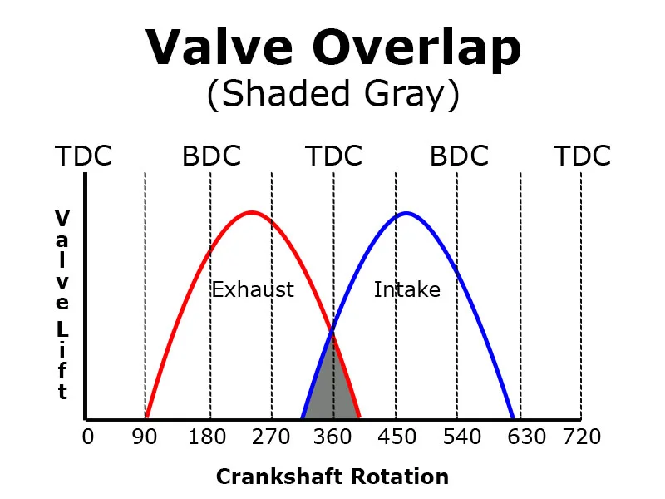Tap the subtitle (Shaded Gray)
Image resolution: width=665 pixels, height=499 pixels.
332,95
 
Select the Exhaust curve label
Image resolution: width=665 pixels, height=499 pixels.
253,289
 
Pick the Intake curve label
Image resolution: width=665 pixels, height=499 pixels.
406,289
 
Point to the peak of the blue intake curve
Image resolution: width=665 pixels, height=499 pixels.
406,214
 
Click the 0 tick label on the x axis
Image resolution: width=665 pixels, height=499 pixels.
88,437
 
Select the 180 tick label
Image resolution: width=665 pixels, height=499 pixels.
209,437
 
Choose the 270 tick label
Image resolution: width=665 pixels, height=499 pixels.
271,437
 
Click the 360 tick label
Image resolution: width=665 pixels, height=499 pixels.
333,437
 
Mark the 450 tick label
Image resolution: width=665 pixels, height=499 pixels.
396,437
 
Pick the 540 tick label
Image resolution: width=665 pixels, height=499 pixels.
457,437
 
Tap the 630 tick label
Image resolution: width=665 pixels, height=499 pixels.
520,437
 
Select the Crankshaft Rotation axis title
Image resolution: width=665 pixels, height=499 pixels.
332,477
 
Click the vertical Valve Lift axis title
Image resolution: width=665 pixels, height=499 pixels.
62,304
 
